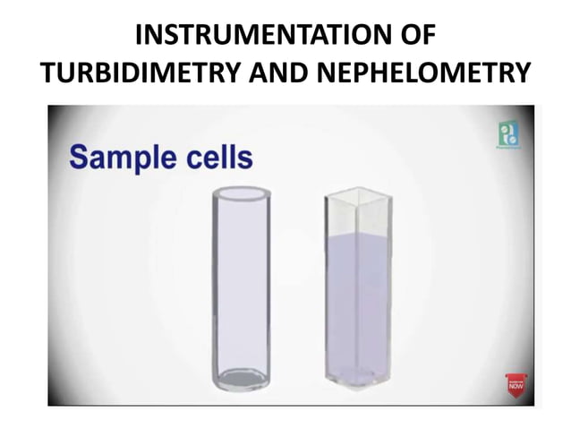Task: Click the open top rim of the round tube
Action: [x=240, y=193]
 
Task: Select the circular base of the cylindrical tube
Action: [x=240, y=376]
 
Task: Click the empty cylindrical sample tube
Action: [x=240, y=287]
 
